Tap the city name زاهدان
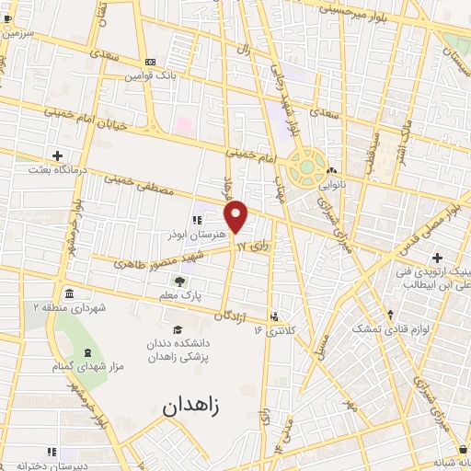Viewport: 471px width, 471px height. coord(194,406)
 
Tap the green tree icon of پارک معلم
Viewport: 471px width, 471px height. coord(178,280)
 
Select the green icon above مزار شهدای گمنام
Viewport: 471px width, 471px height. coord(88,354)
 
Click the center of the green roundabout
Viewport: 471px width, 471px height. coord(304,168)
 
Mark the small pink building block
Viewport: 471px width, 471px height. coord(183,123)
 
